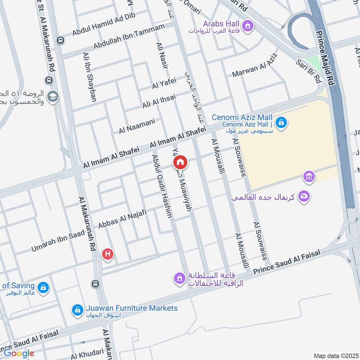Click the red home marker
180,162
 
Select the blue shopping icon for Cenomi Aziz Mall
281,122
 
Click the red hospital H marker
108,254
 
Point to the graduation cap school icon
53,97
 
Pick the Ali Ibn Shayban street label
89,76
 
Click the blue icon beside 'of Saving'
43,287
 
